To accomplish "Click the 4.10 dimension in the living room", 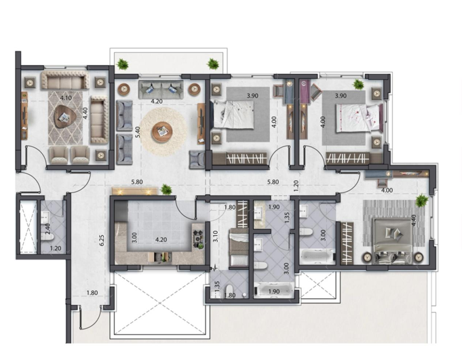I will coord(66,98).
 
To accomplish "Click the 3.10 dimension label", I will coord(215,237).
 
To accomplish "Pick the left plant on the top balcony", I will coord(122,64).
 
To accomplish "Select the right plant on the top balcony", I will coord(213,64).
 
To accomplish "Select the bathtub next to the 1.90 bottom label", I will coord(273,292).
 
